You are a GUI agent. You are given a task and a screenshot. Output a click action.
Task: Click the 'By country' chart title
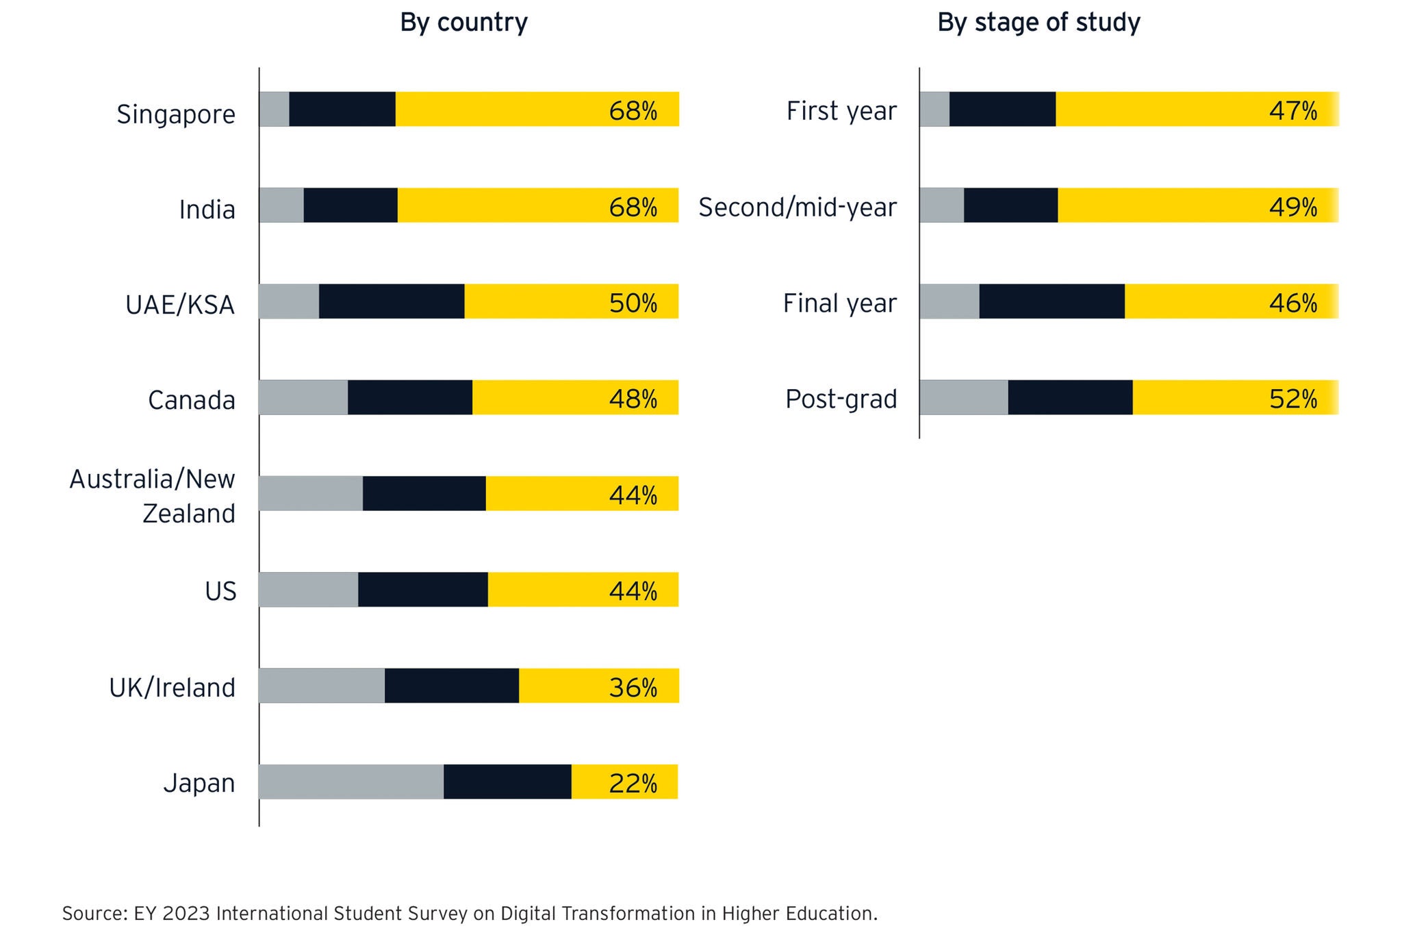463,23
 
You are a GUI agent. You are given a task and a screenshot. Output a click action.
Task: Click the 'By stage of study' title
1038,23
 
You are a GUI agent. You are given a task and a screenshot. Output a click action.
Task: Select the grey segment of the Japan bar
350,782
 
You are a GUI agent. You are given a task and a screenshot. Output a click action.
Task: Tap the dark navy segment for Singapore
342,109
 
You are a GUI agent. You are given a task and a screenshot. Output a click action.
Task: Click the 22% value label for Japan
633,783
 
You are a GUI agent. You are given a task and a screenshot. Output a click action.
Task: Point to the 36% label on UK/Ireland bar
633,687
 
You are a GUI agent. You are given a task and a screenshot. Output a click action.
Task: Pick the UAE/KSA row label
180,305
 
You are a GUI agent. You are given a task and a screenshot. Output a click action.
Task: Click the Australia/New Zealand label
153,496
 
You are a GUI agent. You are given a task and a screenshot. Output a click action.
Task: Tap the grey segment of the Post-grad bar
963,397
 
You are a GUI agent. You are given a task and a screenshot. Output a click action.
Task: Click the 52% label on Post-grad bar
1293,399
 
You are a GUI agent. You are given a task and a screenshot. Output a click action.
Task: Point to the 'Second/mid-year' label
798,207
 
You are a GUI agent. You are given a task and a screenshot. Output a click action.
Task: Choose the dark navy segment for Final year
1051,301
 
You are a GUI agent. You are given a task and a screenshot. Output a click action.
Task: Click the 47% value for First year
1293,110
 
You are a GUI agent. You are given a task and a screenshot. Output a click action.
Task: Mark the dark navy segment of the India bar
350,205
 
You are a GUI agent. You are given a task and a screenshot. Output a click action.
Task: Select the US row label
220,591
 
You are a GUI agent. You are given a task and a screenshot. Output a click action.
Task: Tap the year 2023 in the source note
188,913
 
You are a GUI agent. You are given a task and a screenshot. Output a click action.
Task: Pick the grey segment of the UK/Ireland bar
321,686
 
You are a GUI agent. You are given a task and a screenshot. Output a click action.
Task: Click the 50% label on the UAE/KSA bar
633,303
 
